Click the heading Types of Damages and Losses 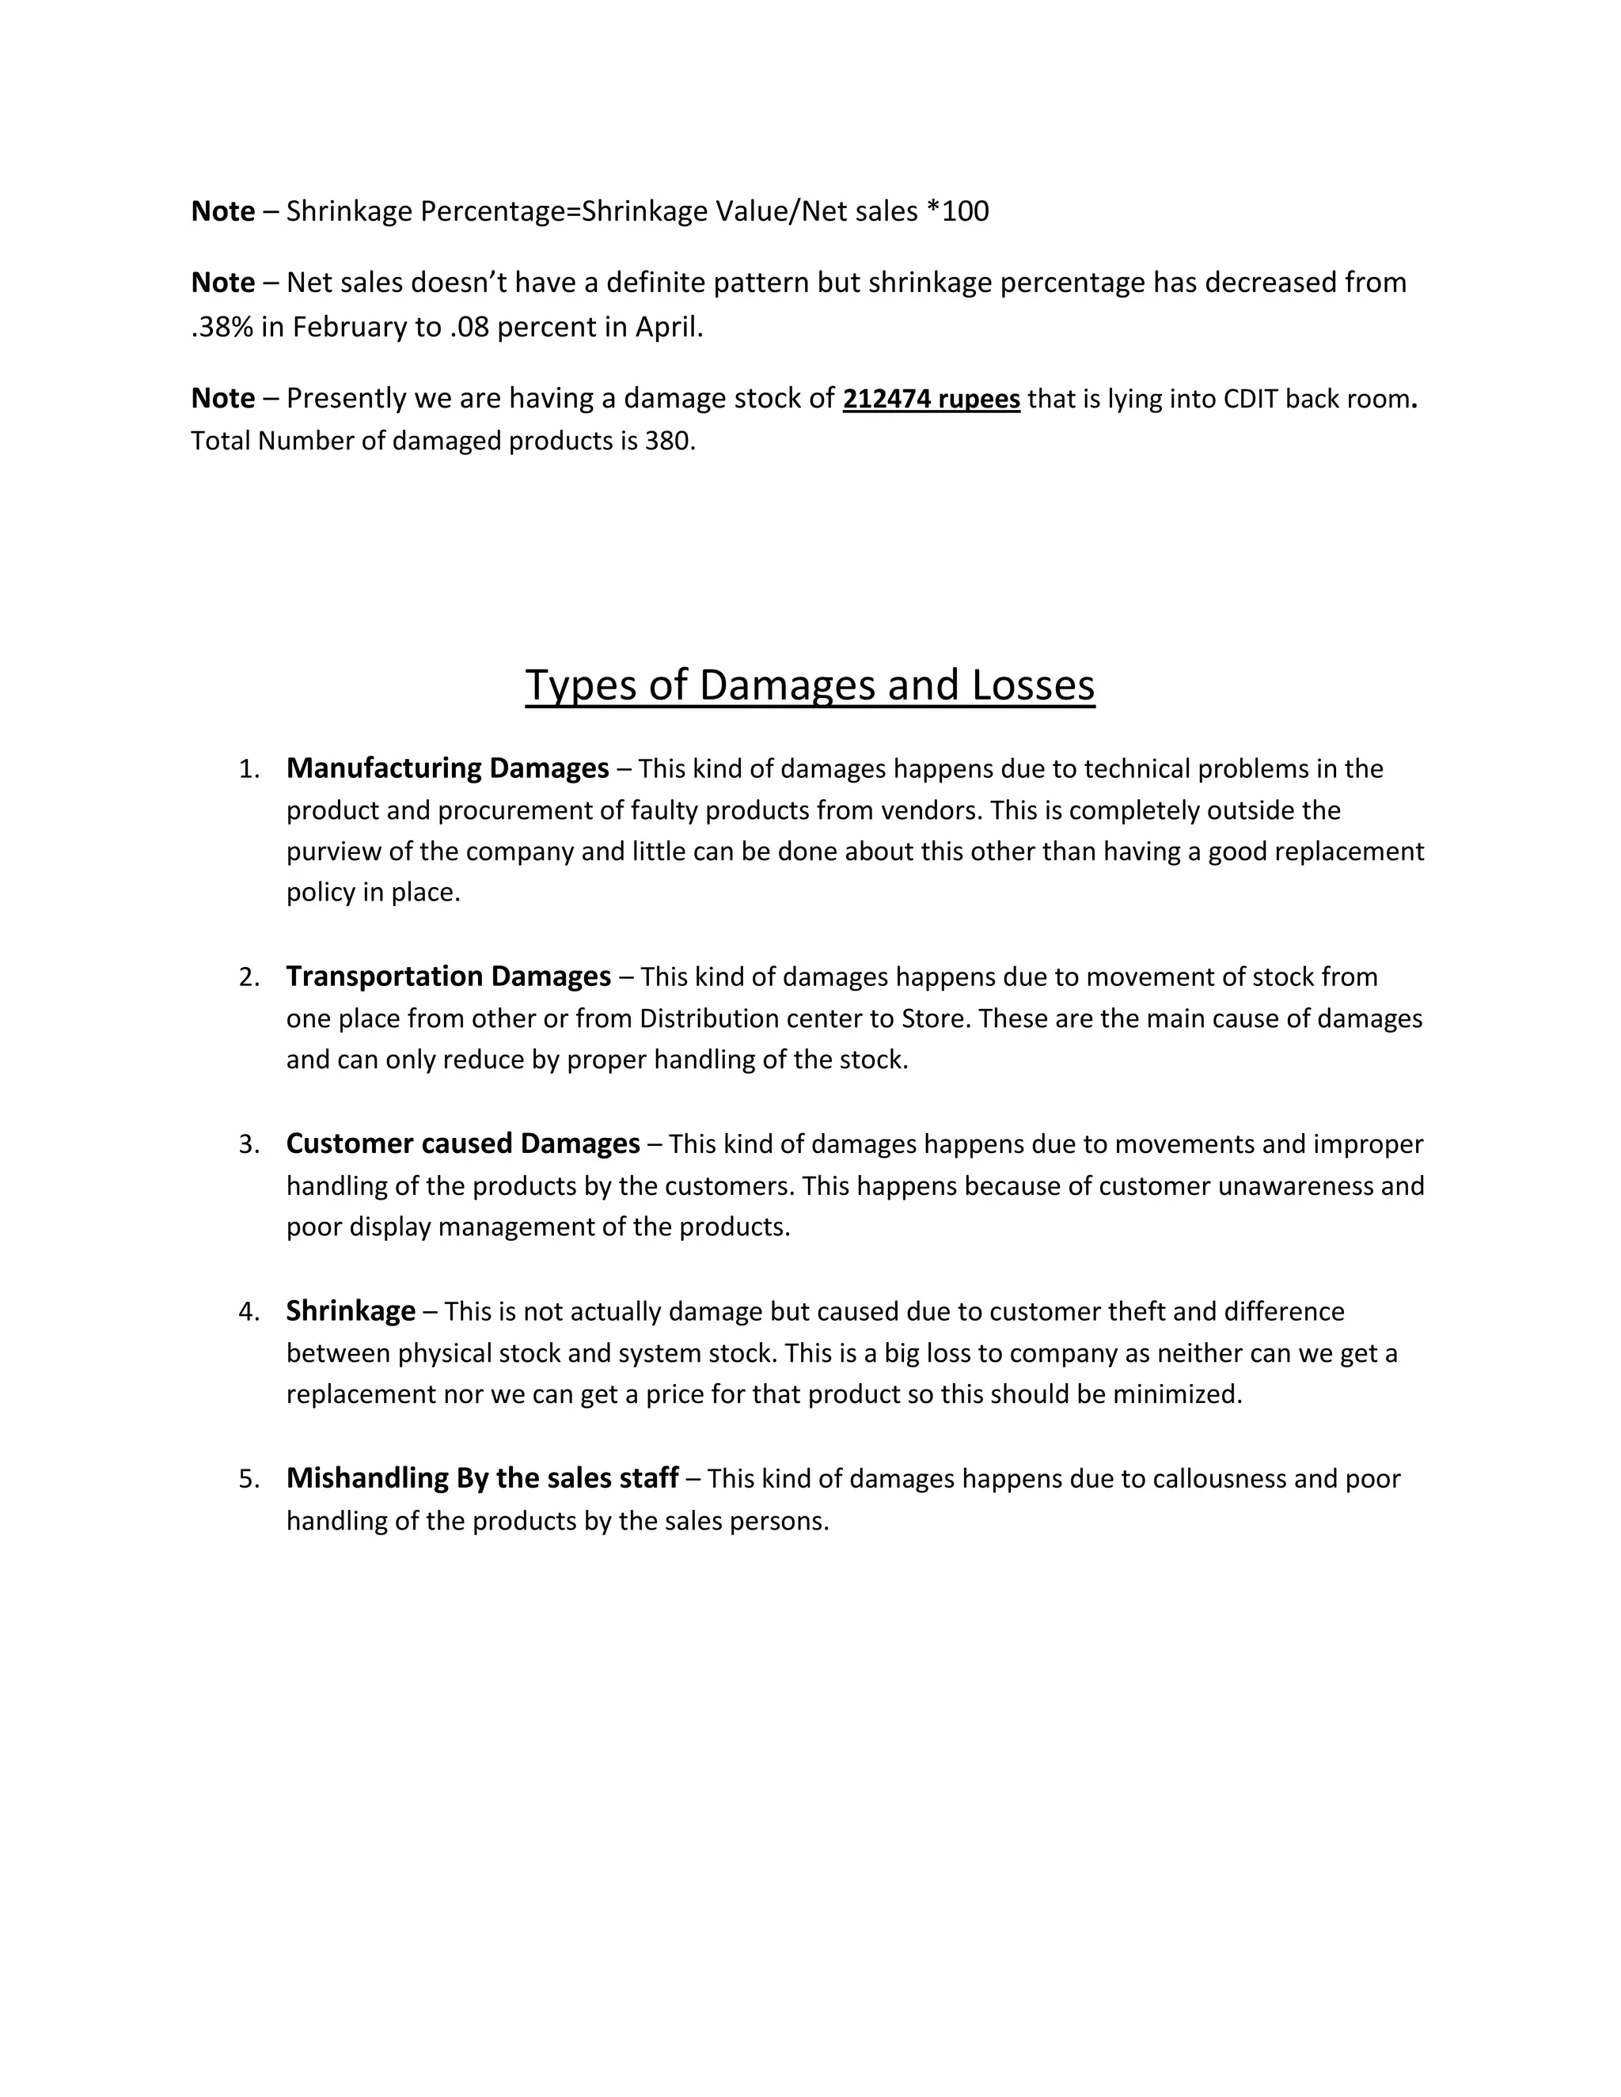click(810, 685)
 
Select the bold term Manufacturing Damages click(447, 768)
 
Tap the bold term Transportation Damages click(449, 976)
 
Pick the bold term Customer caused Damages click(463, 1143)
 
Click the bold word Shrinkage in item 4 click(351, 1310)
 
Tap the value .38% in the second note click(221, 328)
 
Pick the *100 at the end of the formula click(958, 211)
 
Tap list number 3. click(249, 1144)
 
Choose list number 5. click(249, 1479)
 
